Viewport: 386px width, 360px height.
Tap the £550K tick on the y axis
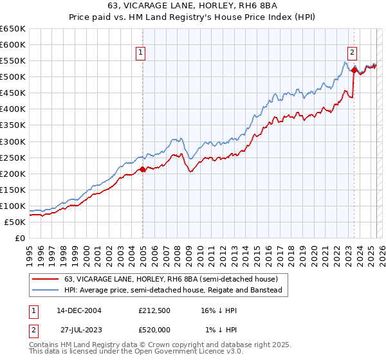13,61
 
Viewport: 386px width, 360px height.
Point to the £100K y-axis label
13,206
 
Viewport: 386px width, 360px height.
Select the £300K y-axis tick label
13,141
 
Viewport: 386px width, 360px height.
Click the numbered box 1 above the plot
140,53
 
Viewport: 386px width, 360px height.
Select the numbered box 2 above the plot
353,53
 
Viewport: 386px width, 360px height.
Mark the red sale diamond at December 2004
142,170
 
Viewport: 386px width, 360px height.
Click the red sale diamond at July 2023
354,70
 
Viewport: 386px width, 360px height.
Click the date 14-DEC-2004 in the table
79,310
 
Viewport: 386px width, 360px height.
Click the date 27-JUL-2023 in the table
79,329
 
